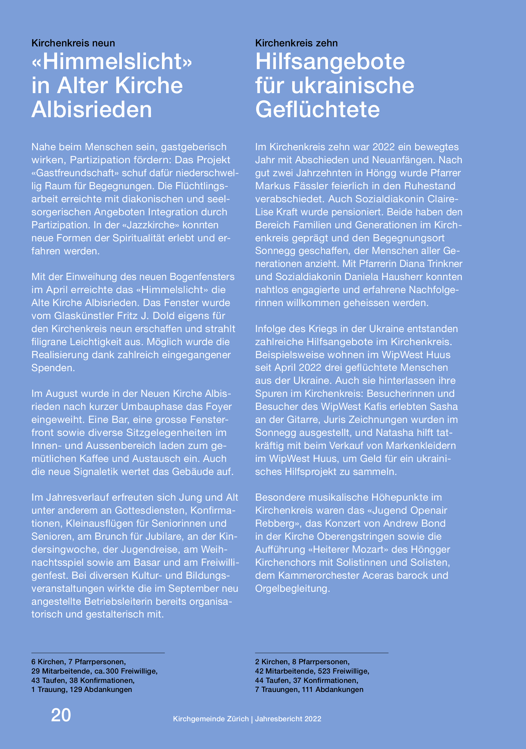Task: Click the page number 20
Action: [61, 715]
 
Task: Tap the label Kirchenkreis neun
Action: [73, 43]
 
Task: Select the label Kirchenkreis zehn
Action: [296, 43]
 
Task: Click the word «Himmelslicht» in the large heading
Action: [112, 62]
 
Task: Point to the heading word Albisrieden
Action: [92, 109]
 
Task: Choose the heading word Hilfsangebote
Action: [330, 62]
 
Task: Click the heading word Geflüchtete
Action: [317, 109]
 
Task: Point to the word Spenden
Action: [53, 368]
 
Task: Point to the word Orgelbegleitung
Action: [292, 588]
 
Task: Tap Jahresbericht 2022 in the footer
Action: [288, 719]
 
